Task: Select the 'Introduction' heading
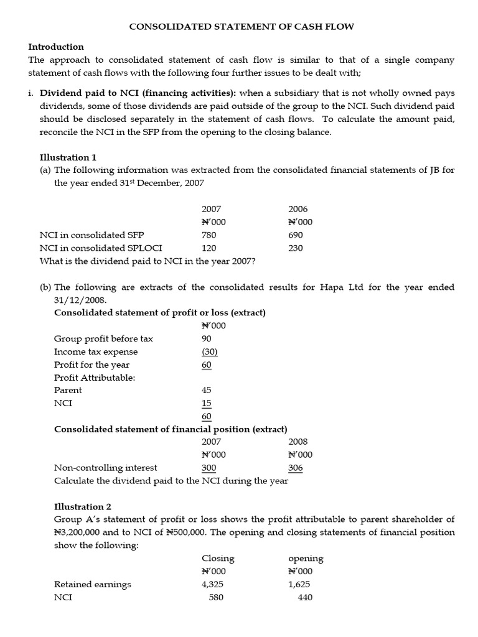pos(56,47)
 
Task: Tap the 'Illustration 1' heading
pos(68,157)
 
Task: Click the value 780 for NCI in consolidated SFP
pos(209,235)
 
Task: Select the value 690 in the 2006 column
pos(296,235)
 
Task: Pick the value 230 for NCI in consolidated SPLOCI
pos(296,248)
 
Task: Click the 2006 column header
pos(298,209)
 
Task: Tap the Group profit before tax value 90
pos(207,338)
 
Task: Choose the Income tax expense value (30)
pos(210,351)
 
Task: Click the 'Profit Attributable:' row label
pos(95,378)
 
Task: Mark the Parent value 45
pos(207,390)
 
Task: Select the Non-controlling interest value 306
pos(296,467)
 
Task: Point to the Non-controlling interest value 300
pos(209,467)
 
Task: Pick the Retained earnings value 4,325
pos(212,584)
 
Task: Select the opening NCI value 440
pos(304,597)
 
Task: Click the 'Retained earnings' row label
pos(93,584)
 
